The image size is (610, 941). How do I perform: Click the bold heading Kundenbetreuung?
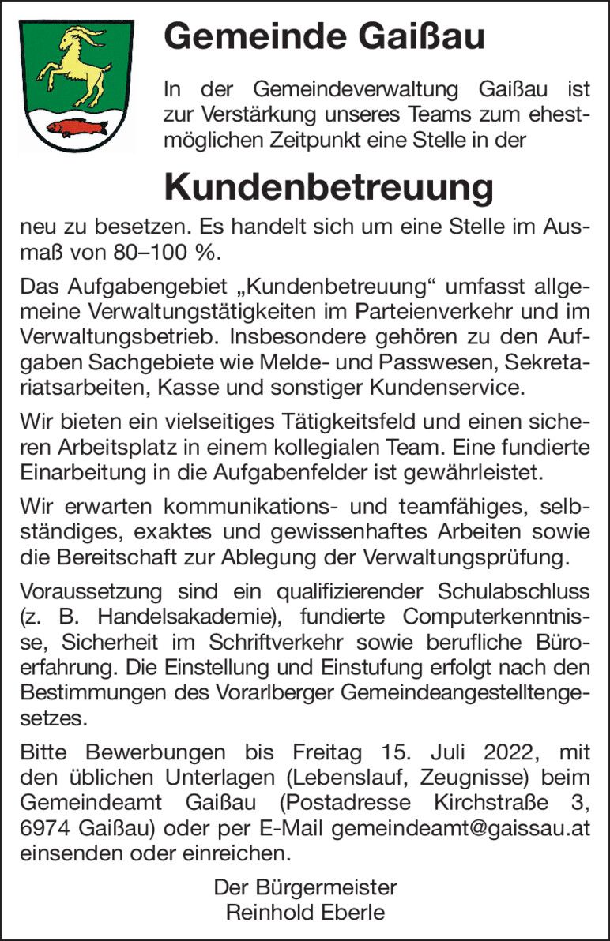click(x=328, y=187)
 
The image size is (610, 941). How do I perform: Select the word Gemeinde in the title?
click(x=232, y=36)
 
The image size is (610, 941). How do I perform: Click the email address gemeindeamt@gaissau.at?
click(x=461, y=829)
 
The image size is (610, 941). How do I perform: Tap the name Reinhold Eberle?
click(x=305, y=913)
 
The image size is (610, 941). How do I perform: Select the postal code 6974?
click(x=47, y=829)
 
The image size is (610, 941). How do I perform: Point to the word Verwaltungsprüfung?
click(x=465, y=558)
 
